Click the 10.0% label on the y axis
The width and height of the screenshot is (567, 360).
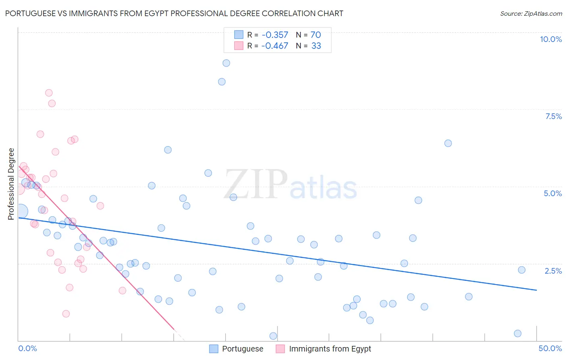(550, 39)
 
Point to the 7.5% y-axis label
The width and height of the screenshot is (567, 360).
(553, 116)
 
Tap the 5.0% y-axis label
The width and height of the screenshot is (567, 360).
(552, 193)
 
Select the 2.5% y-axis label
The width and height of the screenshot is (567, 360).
(553, 271)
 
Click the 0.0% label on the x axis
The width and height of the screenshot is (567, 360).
(27, 348)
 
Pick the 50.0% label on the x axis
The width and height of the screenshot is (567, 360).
(550, 348)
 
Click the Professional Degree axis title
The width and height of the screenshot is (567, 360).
(11, 184)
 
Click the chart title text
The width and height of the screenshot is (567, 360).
(174, 13)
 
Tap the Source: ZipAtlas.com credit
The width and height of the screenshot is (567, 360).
(531, 14)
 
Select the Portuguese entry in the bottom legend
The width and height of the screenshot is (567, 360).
(242, 349)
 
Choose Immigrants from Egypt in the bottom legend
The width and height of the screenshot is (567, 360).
(330, 349)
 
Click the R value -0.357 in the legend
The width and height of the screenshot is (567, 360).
(275, 35)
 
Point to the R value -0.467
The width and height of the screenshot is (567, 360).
(275, 46)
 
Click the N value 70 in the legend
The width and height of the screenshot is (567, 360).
(315, 35)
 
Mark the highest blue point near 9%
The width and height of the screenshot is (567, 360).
(226, 63)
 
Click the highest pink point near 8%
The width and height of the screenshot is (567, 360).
(49, 93)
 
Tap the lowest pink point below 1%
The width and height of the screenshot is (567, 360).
(66, 314)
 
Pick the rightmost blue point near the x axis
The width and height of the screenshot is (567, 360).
(518, 333)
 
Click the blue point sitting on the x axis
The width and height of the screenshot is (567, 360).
(273, 336)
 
